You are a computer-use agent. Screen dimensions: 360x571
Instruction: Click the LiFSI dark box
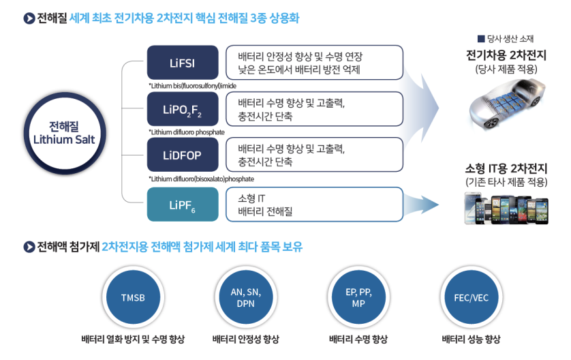pyautogui.click(x=183, y=63)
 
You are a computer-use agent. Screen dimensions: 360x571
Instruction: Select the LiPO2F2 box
pyautogui.click(x=183, y=110)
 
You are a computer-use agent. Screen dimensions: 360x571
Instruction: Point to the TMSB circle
pyautogui.click(x=132, y=298)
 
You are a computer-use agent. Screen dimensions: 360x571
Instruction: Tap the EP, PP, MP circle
pyautogui.click(x=358, y=298)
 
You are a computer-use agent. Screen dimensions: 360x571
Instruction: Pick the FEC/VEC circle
pyautogui.click(x=471, y=298)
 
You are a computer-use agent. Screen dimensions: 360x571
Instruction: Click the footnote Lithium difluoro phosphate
pyautogui.click(x=186, y=132)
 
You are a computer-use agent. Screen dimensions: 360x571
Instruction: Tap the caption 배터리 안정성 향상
pyautogui.click(x=245, y=340)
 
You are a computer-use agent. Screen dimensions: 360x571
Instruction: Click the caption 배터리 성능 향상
pyautogui.click(x=471, y=340)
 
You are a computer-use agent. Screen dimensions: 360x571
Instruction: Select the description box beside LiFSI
pyautogui.click(x=314, y=63)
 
